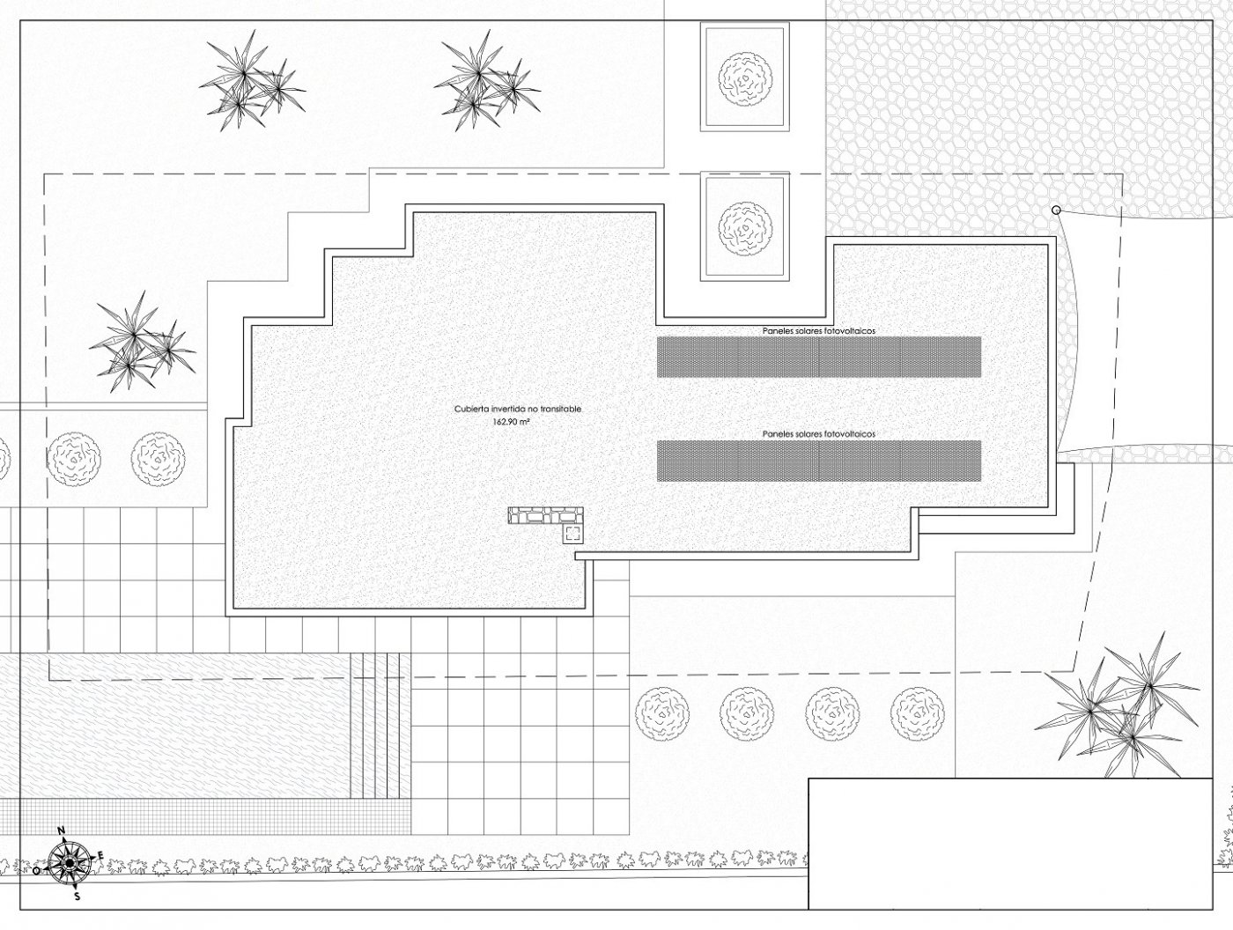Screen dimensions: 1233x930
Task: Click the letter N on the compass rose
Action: (x=63, y=831)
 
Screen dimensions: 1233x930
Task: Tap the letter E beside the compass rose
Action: (x=101, y=855)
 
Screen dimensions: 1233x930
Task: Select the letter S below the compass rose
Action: (x=78, y=897)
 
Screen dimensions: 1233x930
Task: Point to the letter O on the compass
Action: (x=36, y=871)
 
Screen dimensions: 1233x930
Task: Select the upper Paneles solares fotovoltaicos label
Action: (x=818, y=331)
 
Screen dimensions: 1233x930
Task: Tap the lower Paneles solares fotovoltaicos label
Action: (x=818, y=434)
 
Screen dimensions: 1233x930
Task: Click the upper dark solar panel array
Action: (x=819, y=358)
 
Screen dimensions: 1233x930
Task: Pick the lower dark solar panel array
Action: (x=819, y=461)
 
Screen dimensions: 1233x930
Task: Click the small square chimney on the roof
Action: (x=573, y=534)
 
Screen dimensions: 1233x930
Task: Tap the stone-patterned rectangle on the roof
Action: (x=545, y=515)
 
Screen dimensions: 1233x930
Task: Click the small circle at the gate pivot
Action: (x=1056, y=210)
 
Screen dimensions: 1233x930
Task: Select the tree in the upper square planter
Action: (x=745, y=78)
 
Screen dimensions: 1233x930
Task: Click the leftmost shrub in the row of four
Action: (x=662, y=714)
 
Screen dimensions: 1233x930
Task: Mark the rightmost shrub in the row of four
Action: (x=918, y=714)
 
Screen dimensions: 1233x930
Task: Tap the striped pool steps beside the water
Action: (x=380, y=726)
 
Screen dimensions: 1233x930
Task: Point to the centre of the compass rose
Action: (x=69, y=862)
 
